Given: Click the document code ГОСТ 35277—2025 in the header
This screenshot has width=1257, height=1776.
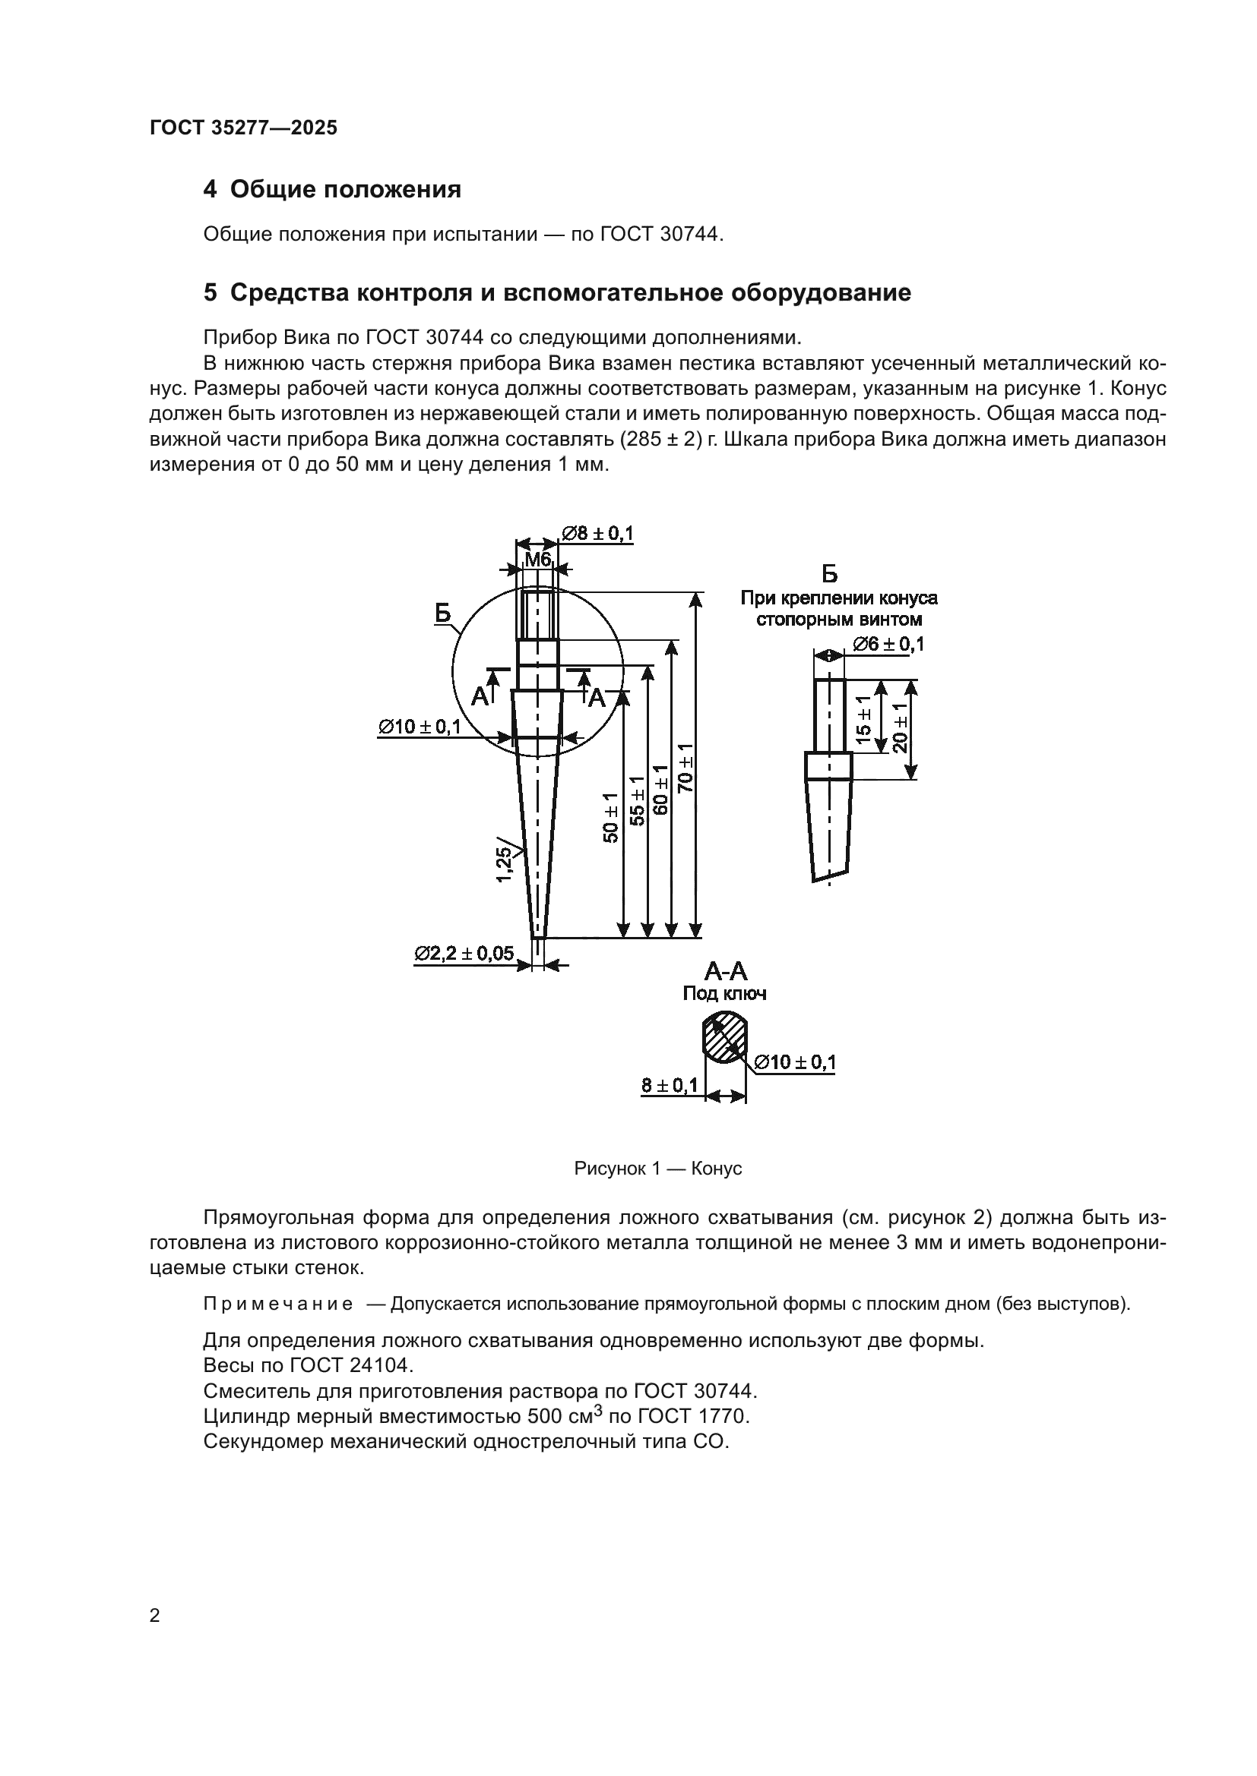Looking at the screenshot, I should coord(243,128).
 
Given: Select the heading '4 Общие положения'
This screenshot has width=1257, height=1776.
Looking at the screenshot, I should coord(332,190).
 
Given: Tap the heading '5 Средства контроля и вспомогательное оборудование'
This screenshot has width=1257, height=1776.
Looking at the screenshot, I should coord(556,293).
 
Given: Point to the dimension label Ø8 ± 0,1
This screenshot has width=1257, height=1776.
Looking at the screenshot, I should coord(597,533).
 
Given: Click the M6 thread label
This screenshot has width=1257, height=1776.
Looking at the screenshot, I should coord(537,560).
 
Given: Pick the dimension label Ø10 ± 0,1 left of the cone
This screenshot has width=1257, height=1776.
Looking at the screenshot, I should coord(419,727).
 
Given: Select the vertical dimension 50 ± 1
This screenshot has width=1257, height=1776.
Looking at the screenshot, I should coord(612,817).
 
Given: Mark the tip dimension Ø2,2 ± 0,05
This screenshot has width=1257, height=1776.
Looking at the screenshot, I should coord(464,954).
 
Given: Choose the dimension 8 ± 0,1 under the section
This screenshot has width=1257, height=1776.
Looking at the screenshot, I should coord(670,1085).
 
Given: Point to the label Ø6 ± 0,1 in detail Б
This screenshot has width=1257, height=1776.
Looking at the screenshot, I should coord(888,644).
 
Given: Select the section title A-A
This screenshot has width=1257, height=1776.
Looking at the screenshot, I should coord(725,972).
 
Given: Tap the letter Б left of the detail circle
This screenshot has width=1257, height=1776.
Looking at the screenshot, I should coord(442,614).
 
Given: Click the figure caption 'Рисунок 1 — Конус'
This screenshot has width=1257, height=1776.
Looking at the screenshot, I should coord(658,1168).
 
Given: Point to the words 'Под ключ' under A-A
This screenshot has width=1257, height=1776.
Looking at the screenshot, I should coord(724,994).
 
